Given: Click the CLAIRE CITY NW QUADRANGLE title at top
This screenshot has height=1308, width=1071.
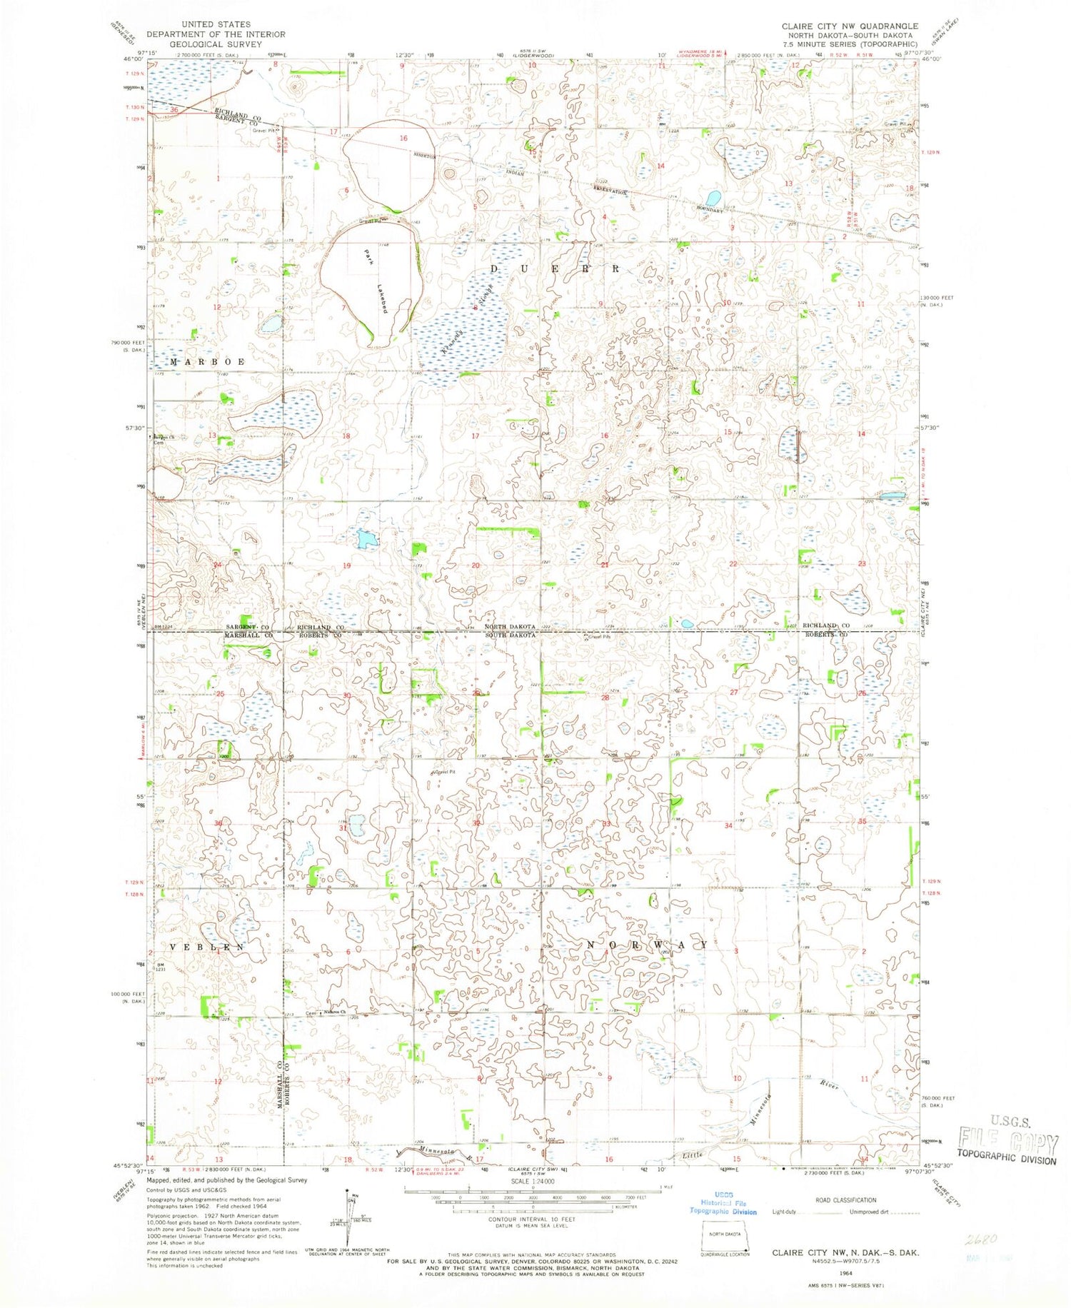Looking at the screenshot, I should pos(850,26).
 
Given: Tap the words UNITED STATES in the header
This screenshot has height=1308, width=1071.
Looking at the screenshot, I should pos(216,24).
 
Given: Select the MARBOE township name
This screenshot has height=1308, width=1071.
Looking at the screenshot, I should pos(197,362).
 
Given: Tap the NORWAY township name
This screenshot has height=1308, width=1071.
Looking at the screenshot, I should pos(647,945).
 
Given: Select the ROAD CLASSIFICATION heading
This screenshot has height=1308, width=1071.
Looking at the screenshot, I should pos(845,1200).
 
